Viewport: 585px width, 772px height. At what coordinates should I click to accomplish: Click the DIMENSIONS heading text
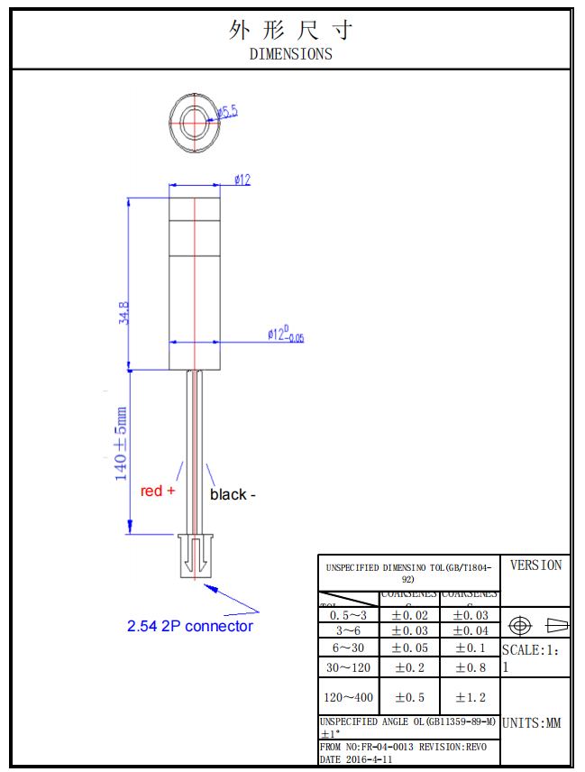click(x=290, y=54)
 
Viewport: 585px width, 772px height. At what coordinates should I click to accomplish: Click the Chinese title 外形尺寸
click(x=290, y=30)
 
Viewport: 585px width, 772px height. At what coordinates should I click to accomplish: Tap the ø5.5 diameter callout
click(x=226, y=112)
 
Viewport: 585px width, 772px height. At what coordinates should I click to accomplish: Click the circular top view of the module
click(x=194, y=120)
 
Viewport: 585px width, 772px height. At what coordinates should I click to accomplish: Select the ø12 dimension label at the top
click(x=242, y=180)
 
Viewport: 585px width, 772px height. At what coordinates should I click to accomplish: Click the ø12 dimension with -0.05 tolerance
click(x=285, y=335)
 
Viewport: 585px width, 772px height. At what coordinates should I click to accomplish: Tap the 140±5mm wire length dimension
click(x=121, y=444)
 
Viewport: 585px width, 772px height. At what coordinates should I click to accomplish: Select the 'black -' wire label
click(x=233, y=494)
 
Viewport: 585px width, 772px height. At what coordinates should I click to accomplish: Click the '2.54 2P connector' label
click(x=190, y=626)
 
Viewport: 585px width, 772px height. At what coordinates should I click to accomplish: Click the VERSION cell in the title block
click(x=535, y=565)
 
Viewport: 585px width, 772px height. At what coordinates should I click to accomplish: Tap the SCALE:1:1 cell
click(x=535, y=657)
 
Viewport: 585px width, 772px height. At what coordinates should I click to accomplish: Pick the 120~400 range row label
click(x=348, y=697)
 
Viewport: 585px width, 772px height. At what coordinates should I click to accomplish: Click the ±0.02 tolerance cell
click(x=409, y=615)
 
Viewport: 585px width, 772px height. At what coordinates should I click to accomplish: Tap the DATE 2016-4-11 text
click(x=358, y=759)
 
